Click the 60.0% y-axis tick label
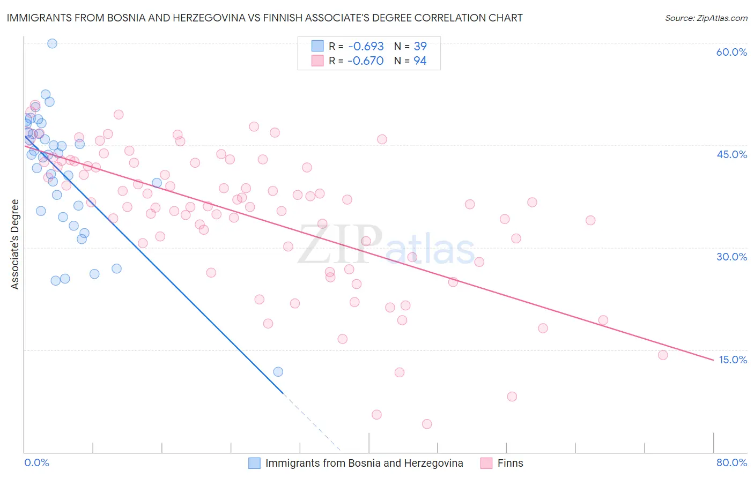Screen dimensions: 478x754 (731, 52)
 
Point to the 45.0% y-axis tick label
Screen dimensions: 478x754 (731, 154)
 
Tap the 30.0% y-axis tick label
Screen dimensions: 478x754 (731, 257)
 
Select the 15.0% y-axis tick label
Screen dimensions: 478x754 (732, 360)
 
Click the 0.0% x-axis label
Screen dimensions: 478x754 (36, 462)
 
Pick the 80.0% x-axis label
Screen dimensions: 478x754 (731, 462)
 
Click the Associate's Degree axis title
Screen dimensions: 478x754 (15, 244)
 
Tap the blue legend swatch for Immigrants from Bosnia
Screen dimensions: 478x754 (254, 463)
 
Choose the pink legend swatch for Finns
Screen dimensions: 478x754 (486, 463)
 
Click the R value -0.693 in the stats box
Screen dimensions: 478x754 (365, 46)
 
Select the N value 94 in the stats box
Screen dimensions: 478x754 (420, 61)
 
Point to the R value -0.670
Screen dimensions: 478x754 (365, 61)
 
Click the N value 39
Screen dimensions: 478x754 (420, 46)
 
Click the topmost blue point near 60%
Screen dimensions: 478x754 (52, 43)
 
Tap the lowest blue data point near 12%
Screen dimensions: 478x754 (278, 371)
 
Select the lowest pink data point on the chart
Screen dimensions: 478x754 (427, 424)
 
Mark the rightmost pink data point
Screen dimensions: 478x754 (663, 355)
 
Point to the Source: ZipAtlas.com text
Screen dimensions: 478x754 (706, 18)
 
